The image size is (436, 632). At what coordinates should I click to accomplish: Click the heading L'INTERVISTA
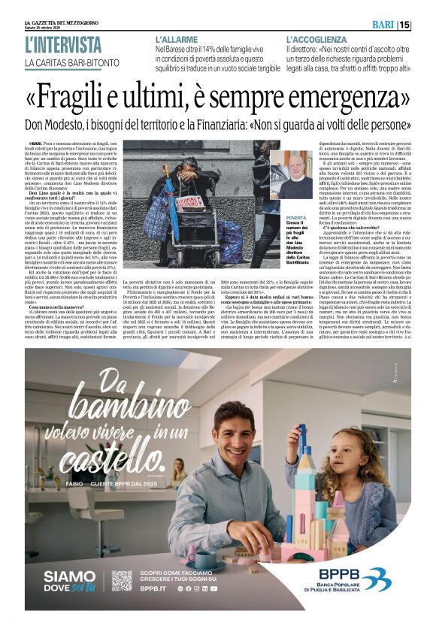pos(62,44)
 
